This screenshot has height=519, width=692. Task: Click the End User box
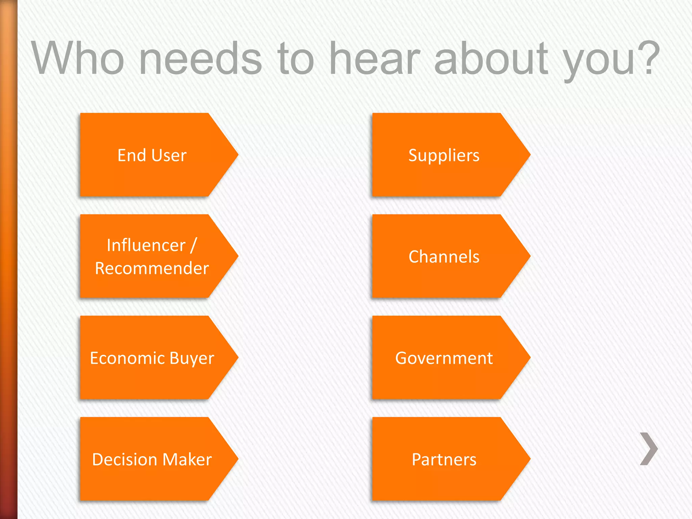click(x=152, y=155)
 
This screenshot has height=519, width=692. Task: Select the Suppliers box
click(x=444, y=155)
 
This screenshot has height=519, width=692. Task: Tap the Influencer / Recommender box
click(x=152, y=256)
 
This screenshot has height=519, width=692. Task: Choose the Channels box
click(x=444, y=256)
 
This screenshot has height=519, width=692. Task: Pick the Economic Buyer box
click(x=152, y=358)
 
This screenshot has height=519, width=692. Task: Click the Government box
click(x=444, y=358)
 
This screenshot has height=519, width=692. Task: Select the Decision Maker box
click(x=152, y=459)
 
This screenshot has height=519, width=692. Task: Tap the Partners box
click(x=444, y=459)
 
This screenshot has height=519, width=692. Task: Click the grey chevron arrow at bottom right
click(x=649, y=449)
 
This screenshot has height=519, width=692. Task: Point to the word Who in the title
click(x=78, y=58)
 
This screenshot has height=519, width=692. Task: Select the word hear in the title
click(x=375, y=58)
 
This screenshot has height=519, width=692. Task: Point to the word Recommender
click(x=152, y=268)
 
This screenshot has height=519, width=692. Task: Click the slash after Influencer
click(x=194, y=245)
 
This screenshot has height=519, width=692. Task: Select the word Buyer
click(x=192, y=358)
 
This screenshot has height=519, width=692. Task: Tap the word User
click(x=169, y=155)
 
